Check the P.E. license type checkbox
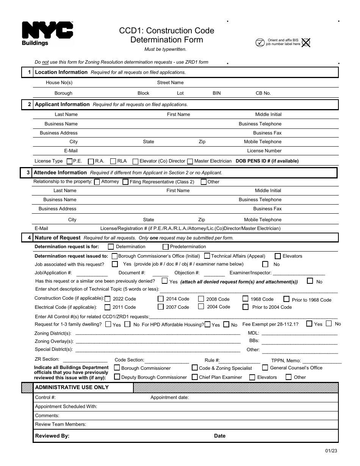[69, 161]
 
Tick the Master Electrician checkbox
[190, 161]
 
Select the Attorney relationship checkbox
[97, 182]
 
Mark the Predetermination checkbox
[166, 247]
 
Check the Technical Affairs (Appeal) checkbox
[207, 256]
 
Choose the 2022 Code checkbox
[108, 299]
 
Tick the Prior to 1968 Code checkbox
[286, 299]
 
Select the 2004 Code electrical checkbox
[201, 306]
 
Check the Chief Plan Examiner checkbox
[195, 377]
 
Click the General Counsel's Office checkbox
[265, 367]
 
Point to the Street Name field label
[170, 83]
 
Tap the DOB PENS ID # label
[267, 161]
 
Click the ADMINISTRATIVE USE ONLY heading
[72, 387]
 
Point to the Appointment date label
[169, 397]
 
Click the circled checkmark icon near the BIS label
[260, 42]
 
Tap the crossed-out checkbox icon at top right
[305, 42]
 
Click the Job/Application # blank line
[92, 274]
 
